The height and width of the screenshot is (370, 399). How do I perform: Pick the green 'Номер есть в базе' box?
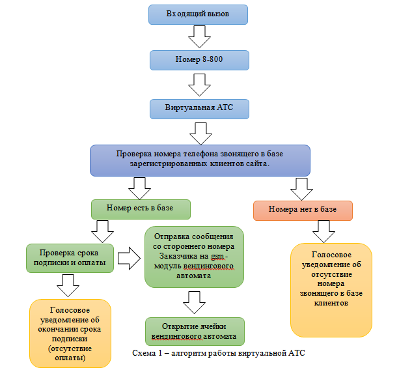(x=141, y=209)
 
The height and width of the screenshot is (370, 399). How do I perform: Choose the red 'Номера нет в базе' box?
(x=303, y=210)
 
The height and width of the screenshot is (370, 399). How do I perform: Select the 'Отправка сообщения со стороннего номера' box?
(x=194, y=256)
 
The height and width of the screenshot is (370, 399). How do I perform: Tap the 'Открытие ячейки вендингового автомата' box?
(x=195, y=331)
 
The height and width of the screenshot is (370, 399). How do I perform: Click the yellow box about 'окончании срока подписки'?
(x=70, y=332)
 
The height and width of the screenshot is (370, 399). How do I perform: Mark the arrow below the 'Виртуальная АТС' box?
(x=200, y=132)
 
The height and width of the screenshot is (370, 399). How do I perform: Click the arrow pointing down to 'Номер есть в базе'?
(x=141, y=188)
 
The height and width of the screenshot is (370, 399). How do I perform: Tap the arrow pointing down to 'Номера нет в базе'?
(x=301, y=188)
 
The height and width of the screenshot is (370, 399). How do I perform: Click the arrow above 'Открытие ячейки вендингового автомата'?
(x=195, y=302)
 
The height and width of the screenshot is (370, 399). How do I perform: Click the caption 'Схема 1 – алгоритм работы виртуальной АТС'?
(x=219, y=354)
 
